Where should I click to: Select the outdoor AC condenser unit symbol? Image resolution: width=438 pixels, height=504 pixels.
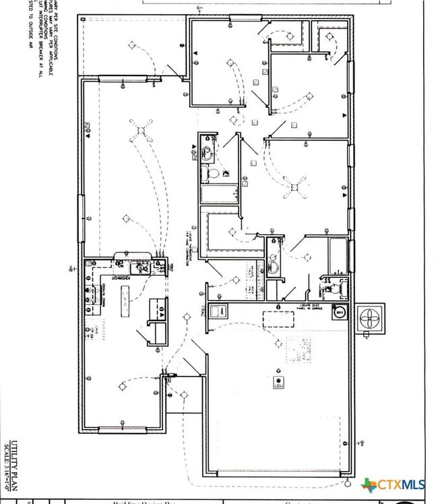tap(371, 318)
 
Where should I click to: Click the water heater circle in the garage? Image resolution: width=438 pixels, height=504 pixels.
tap(340, 312)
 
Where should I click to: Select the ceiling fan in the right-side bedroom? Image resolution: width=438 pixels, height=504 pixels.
tap(294, 188)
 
